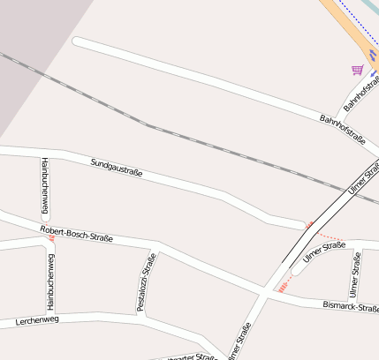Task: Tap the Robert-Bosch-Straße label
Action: coord(76,234)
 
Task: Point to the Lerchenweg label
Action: coord(36,320)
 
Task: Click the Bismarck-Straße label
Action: coord(351,307)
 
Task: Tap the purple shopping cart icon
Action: coord(357,70)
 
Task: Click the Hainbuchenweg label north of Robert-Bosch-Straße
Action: coord(43,185)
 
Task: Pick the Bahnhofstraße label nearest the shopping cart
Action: coord(360,92)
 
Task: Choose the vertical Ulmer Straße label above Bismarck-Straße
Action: coord(355,274)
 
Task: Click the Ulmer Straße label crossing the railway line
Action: coord(363,177)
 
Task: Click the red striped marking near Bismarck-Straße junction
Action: coord(284,284)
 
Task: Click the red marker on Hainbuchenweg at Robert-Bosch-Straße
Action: coord(51,237)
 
